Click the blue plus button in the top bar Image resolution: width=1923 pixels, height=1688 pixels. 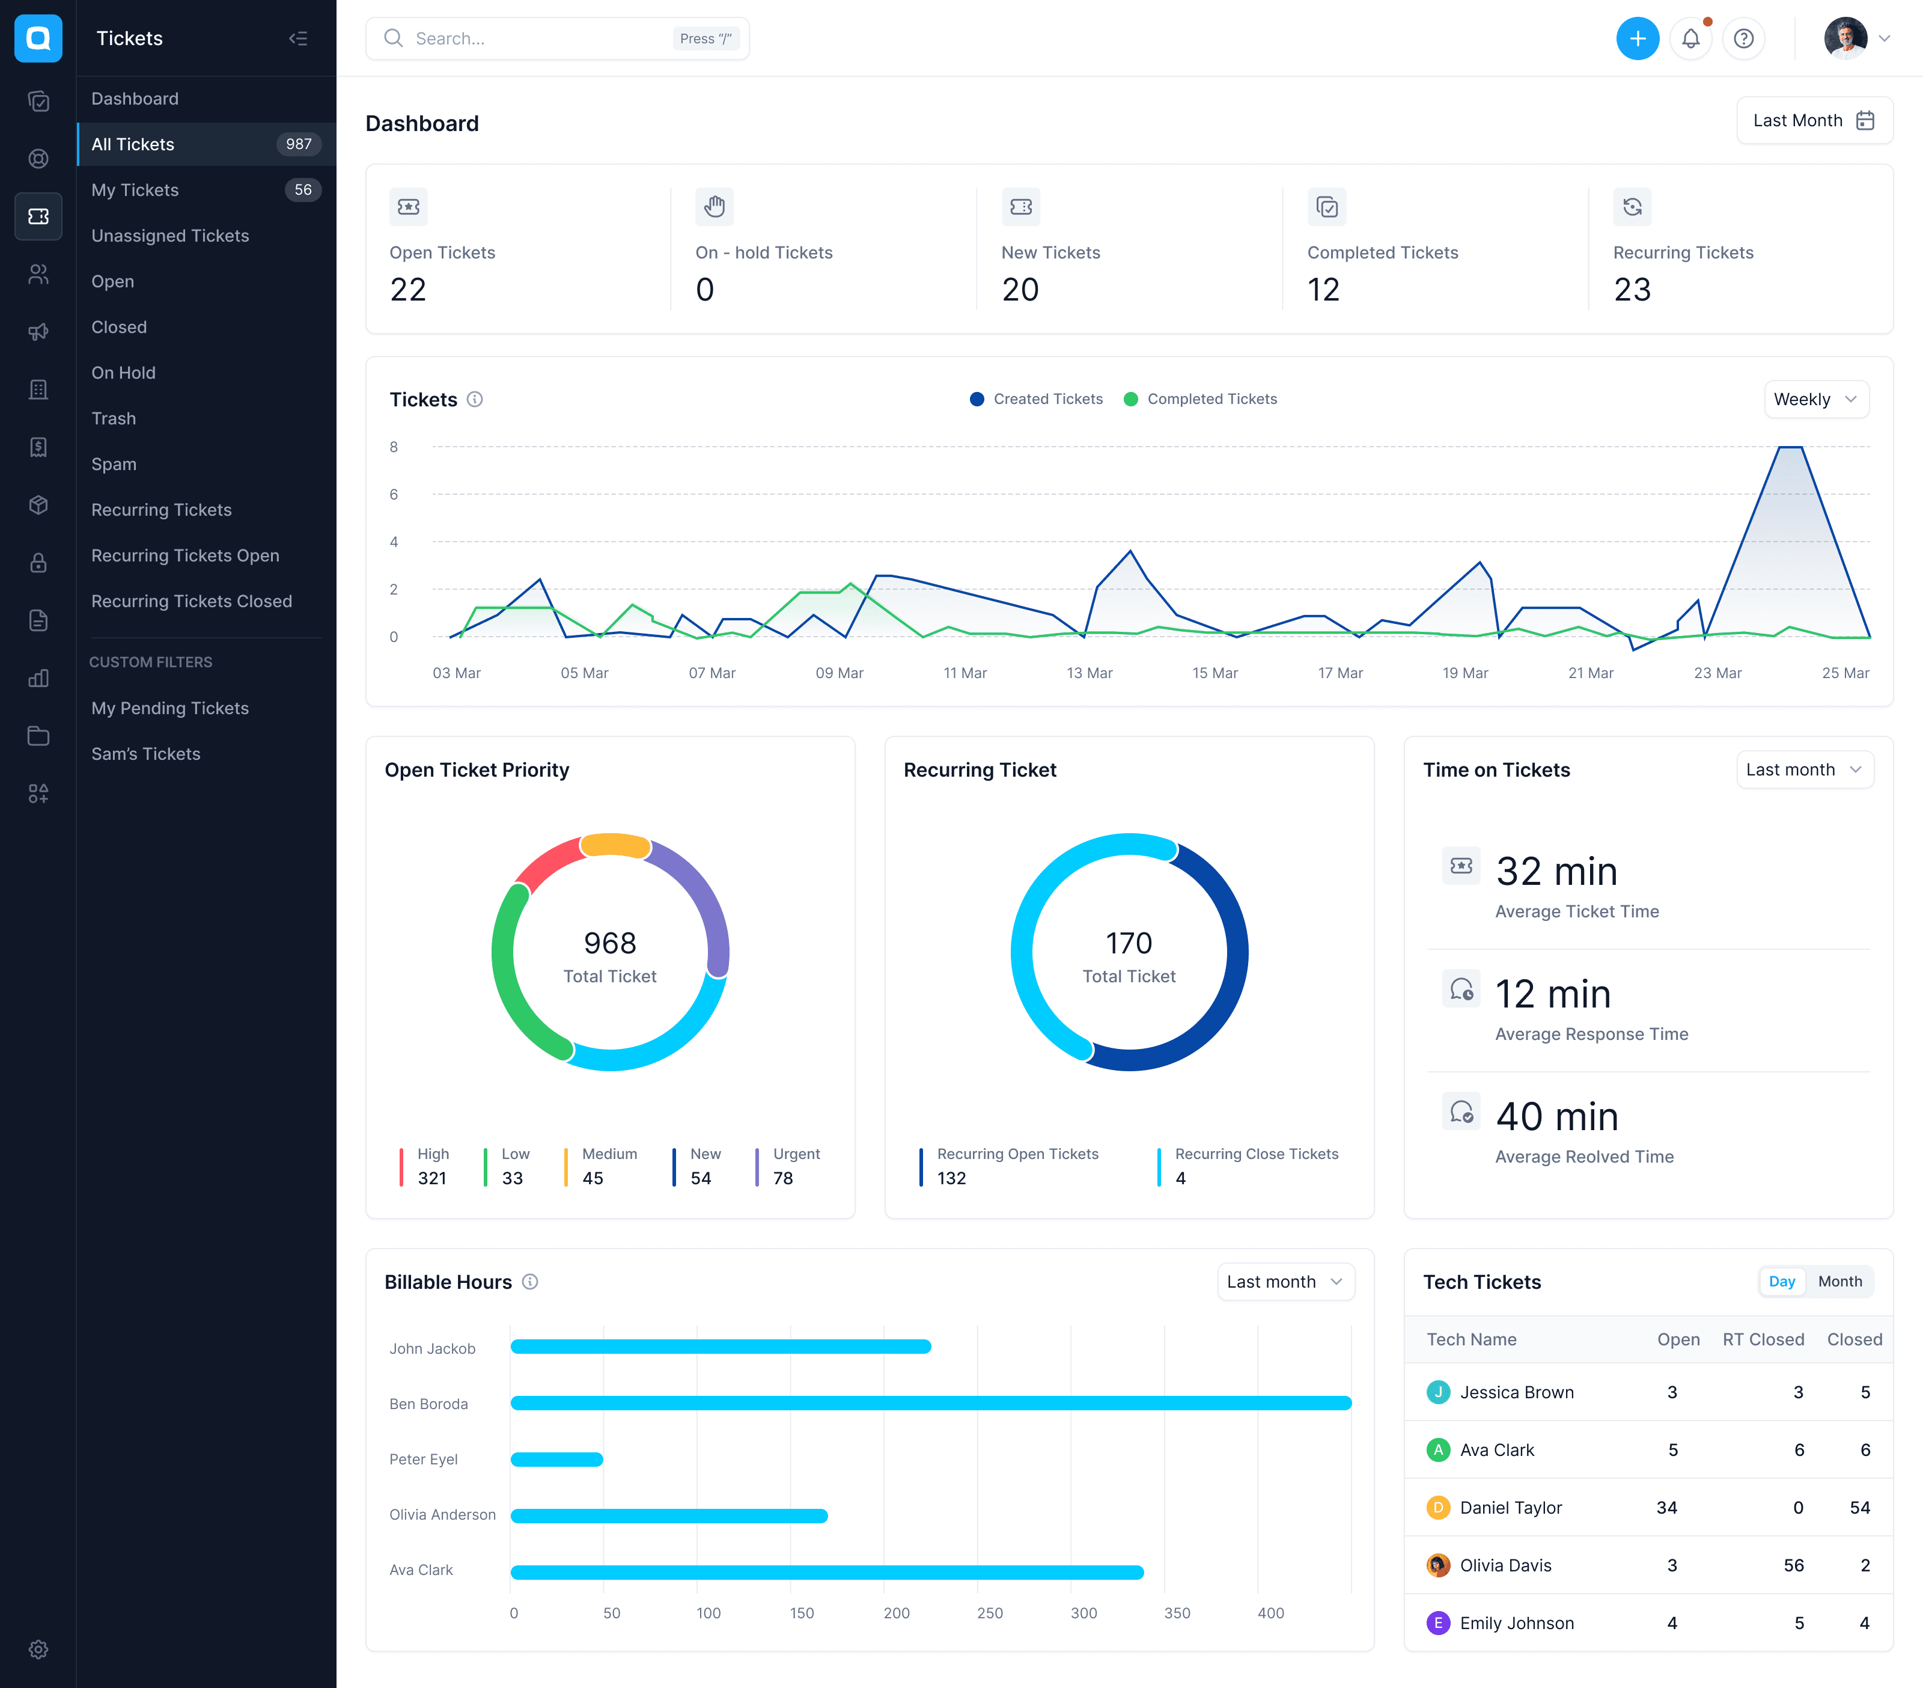click(1637, 38)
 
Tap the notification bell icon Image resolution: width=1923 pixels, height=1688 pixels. click(1690, 38)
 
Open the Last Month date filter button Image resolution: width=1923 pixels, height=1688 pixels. click(1814, 120)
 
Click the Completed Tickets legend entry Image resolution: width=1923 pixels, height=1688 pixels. click(1201, 399)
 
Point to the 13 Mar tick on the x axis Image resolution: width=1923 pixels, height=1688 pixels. click(1089, 673)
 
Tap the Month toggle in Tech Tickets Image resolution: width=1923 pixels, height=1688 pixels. click(1839, 1282)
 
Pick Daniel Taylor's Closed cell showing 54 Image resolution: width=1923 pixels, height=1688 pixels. click(1859, 1507)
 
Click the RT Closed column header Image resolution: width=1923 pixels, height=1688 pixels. click(1763, 1339)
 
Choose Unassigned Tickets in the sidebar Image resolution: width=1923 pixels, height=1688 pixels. click(170, 235)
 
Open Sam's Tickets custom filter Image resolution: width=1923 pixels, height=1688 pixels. click(146, 754)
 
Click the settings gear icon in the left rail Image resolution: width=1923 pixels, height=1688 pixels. click(38, 1650)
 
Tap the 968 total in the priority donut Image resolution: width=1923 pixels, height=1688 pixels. click(609, 943)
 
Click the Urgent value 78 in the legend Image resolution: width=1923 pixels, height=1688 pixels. click(783, 1178)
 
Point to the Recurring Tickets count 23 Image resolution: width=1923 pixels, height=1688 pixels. click(1632, 289)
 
